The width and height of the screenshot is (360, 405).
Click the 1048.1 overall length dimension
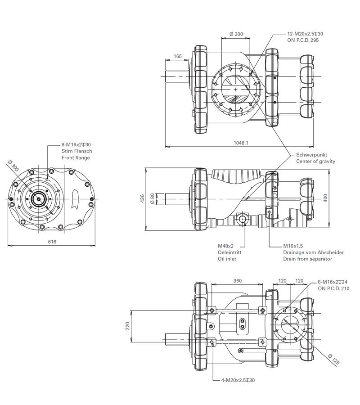tap(242, 143)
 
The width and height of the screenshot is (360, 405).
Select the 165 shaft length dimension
tap(177, 57)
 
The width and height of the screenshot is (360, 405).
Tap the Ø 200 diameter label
tap(236, 34)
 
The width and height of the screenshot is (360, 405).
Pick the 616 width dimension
tap(52, 242)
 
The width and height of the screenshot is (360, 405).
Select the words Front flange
tap(76, 157)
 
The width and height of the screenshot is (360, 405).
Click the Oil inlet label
tap(227, 259)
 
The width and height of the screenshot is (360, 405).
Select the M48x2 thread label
tap(226, 246)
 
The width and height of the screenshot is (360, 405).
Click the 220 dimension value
tap(127, 326)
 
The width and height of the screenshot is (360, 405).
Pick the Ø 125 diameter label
tap(333, 360)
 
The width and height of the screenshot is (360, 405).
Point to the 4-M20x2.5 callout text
tap(238, 380)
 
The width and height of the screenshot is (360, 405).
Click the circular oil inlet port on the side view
tap(243, 219)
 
